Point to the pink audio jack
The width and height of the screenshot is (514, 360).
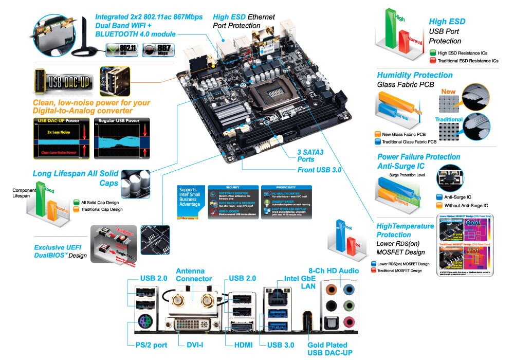tap(350, 322)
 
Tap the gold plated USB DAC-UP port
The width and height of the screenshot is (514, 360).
tap(307, 321)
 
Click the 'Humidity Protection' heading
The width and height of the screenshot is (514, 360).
tap(415, 75)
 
